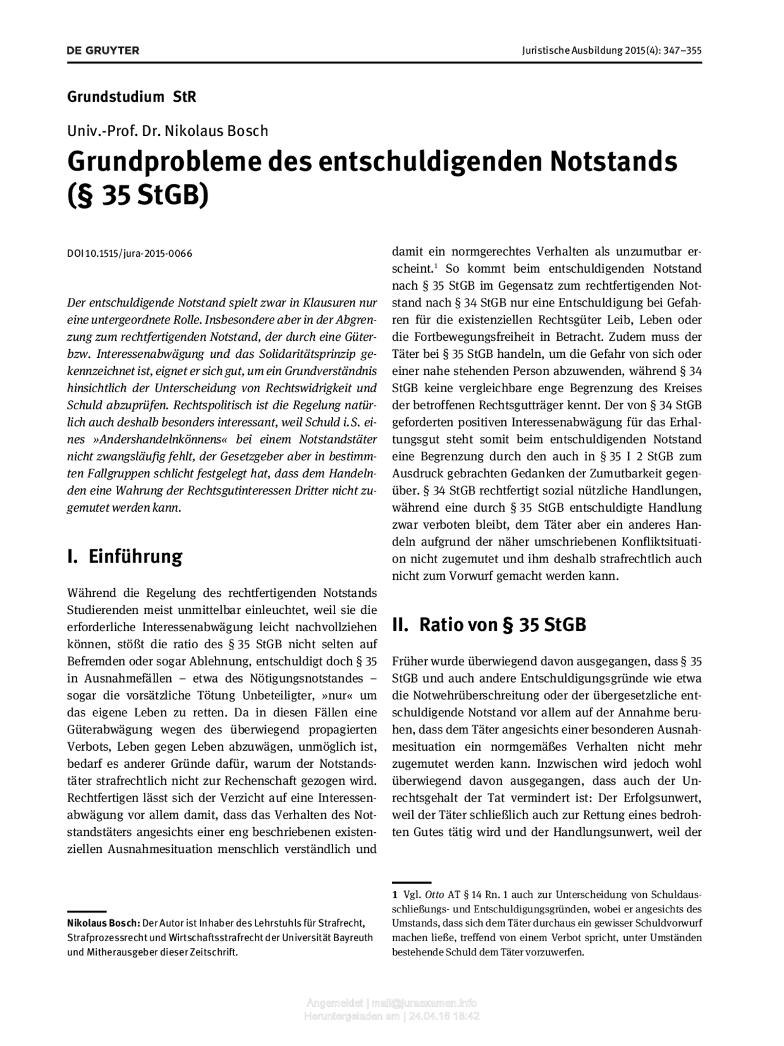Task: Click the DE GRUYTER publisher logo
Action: pyautogui.click(x=103, y=50)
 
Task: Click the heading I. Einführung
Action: pyautogui.click(x=124, y=556)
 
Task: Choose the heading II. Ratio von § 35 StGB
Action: pyautogui.click(x=489, y=624)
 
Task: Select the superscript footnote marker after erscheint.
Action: pyautogui.click(x=435, y=266)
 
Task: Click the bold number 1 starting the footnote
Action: pyautogui.click(x=395, y=895)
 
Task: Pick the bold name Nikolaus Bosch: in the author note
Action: pyautogui.click(x=104, y=923)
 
